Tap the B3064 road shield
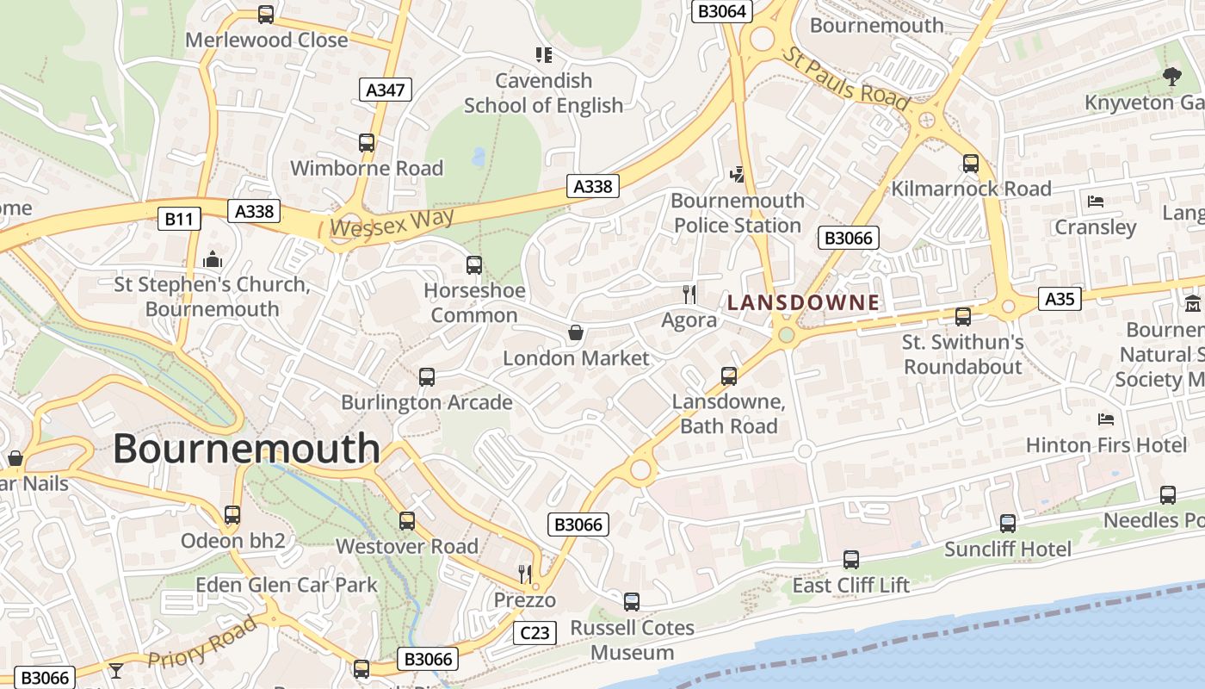tap(722, 11)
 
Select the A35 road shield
tap(1059, 299)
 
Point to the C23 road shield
tap(535, 633)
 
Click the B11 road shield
tap(179, 219)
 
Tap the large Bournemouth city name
tap(246, 449)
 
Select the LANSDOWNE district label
tap(803, 303)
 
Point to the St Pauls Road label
tap(844, 78)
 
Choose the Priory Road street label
tap(202, 643)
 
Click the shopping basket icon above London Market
tap(575, 332)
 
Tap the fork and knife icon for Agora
tap(689, 295)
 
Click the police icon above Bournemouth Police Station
tap(737, 175)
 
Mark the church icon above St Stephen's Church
tap(212, 258)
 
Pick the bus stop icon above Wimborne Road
tap(367, 143)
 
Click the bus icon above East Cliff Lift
tap(850, 560)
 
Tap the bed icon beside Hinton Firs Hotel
tap(1106, 419)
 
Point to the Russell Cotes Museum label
tap(632, 640)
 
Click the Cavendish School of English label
tap(543, 93)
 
